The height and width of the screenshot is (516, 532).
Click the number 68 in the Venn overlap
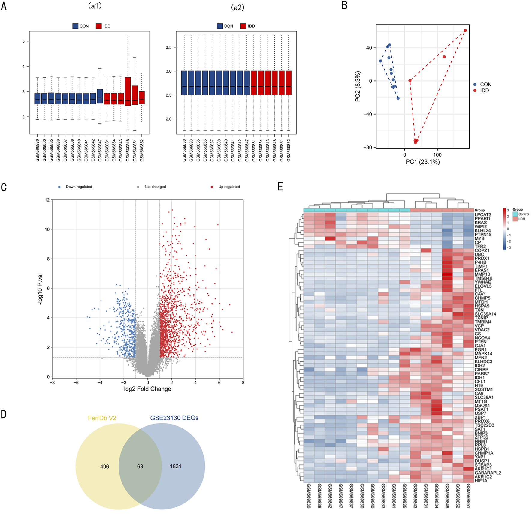click(140, 466)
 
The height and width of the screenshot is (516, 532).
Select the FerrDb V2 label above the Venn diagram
click(102, 418)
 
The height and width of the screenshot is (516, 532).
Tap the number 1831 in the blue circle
click(176, 466)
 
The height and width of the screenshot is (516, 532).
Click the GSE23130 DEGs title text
click(174, 418)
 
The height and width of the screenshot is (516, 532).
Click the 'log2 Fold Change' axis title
click(147, 389)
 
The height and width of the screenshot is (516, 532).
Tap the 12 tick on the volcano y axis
click(47, 200)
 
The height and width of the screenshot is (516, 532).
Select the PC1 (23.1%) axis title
click(423, 162)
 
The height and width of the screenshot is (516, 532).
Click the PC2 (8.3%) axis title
click(358, 86)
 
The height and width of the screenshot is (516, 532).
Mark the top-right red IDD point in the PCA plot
click(465, 30)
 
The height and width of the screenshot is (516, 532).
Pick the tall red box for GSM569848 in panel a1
click(128, 91)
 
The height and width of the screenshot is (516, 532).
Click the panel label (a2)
click(237, 7)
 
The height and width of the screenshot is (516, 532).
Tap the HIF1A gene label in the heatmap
click(481, 481)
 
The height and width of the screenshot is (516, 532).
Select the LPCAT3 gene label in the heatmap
click(483, 215)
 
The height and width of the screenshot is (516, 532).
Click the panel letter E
click(280, 187)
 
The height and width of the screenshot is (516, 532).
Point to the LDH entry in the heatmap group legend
click(522, 219)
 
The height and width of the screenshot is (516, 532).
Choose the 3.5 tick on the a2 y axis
click(168, 47)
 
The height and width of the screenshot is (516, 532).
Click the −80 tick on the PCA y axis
click(367, 147)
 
